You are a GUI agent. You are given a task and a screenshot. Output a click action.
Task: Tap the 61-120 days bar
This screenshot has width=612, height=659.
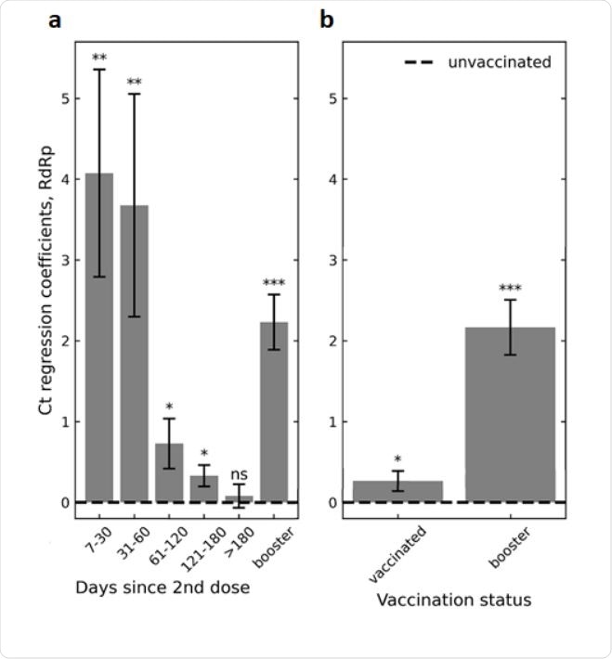169,472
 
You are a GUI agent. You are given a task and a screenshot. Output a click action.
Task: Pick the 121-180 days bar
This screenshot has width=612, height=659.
203,488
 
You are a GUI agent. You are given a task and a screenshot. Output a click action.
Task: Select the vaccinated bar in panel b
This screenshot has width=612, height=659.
398,491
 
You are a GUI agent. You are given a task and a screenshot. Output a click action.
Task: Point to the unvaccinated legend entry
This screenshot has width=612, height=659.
477,62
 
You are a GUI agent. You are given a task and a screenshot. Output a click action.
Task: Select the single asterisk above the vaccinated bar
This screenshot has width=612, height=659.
398,459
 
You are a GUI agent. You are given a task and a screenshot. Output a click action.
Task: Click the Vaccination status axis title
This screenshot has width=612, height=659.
454,600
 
